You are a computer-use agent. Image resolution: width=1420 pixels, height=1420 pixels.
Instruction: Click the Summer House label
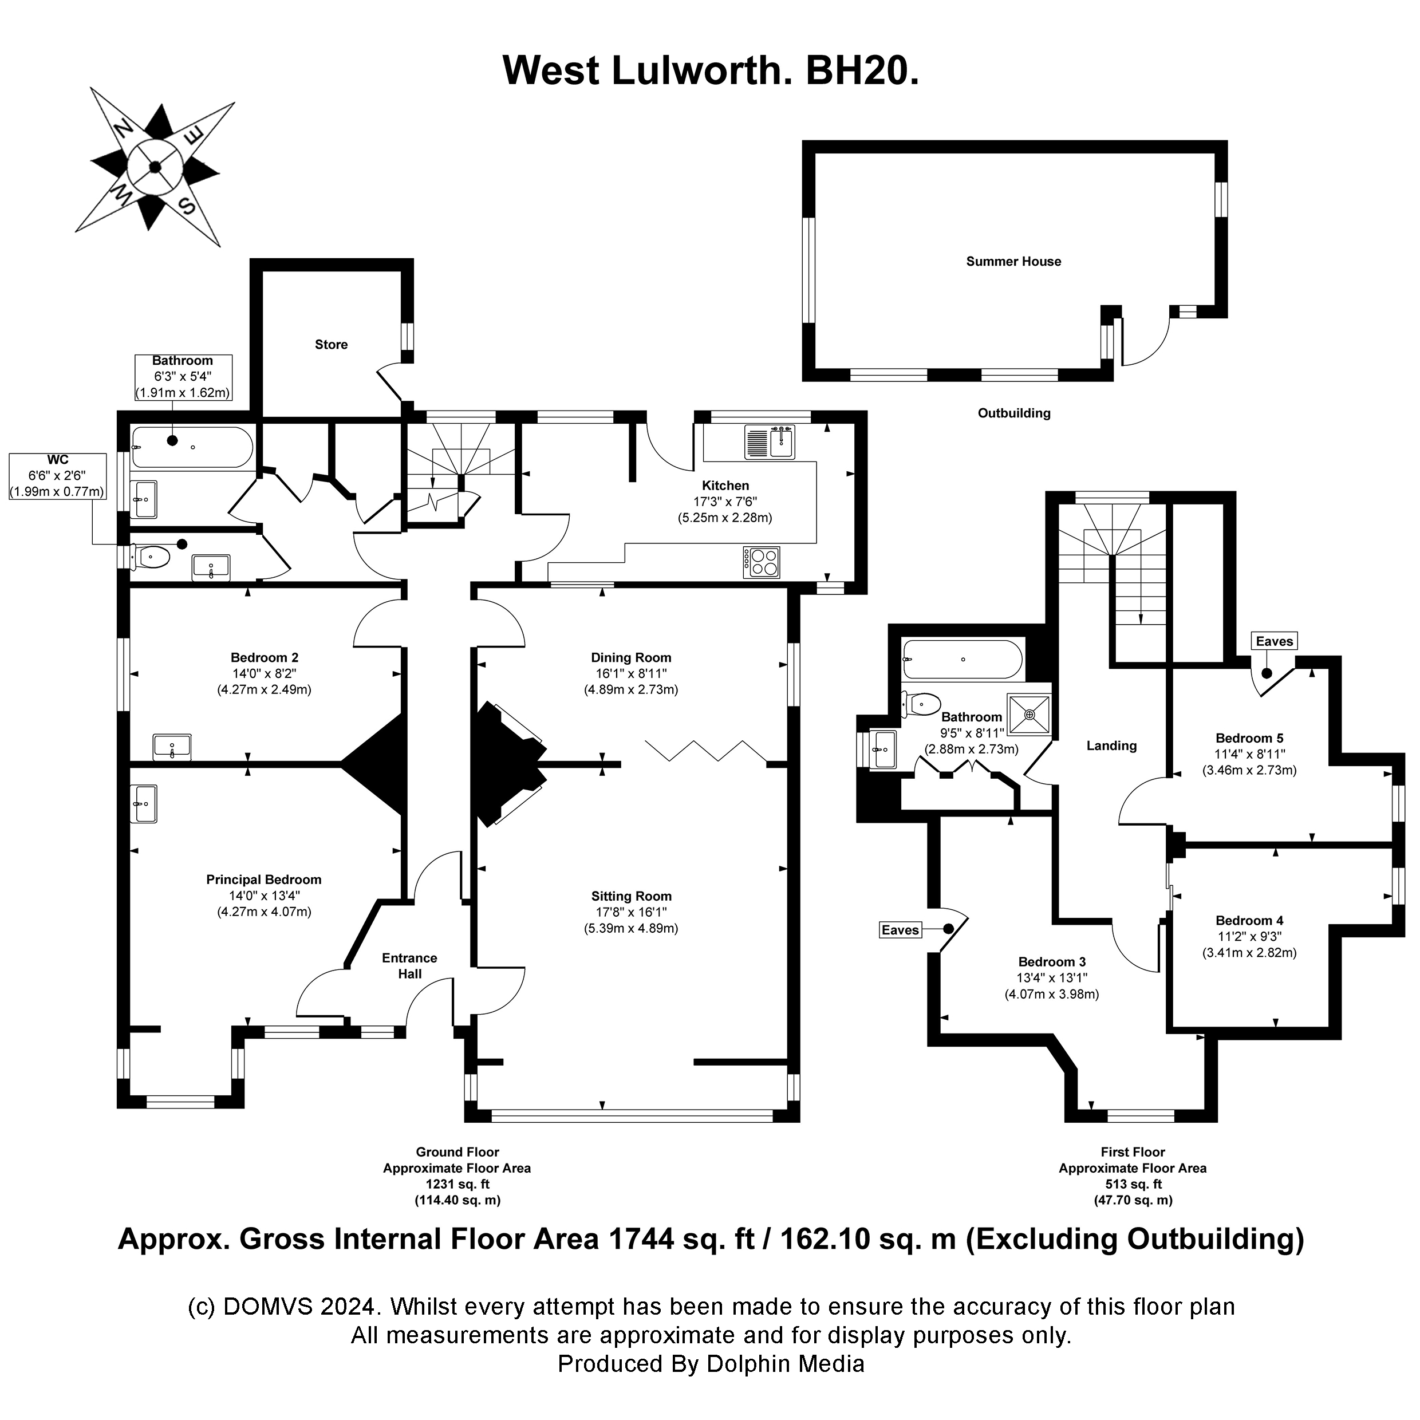1013,262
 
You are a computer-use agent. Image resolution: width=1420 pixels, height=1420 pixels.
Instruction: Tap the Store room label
331,345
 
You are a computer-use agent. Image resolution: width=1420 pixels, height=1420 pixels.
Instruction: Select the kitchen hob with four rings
762,562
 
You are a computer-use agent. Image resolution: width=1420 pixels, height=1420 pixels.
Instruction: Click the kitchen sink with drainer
770,443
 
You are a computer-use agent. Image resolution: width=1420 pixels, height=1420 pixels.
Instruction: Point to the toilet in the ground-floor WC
150,557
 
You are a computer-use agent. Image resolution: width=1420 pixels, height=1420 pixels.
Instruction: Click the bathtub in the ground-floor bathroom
192,447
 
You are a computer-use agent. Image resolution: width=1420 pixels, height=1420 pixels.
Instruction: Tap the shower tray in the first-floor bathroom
1029,713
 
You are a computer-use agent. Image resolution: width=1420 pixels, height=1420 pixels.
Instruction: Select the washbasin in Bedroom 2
172,747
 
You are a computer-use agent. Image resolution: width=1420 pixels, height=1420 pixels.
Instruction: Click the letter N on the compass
123,130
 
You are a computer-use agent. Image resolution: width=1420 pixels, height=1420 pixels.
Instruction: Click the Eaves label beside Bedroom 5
1274,641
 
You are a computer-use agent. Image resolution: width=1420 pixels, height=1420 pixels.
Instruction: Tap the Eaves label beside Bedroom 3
900,930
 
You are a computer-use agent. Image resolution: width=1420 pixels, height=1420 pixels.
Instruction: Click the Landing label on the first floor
1111,746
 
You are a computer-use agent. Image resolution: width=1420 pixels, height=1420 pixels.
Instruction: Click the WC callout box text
57,476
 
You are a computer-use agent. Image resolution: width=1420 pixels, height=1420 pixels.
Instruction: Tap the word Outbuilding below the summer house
1013,413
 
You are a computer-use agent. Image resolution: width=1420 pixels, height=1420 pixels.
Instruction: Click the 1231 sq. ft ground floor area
457,1184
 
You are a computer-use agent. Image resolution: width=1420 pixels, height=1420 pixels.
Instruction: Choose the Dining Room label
630,658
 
